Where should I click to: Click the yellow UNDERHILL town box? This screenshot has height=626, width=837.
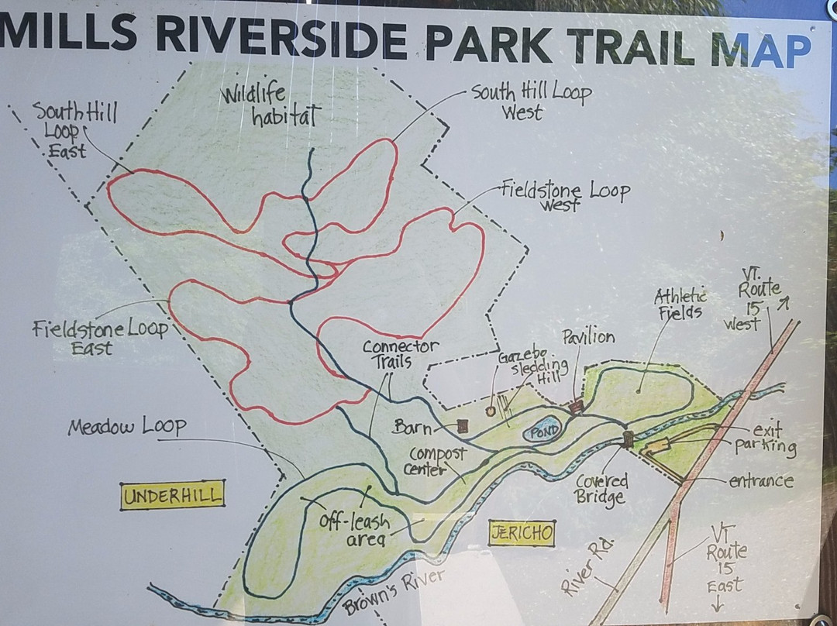pyautogui.click(x=172, y=495)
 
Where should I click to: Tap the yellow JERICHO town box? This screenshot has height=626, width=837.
pyautogui.click(x=522, y=532)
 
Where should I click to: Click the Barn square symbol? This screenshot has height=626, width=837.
pyautogui.click(x=463, y=425)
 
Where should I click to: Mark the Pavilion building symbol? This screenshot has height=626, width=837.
pyautogui.click(x=575, y=406)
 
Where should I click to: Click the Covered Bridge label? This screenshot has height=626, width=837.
pyautogui.click(x=601, y=489)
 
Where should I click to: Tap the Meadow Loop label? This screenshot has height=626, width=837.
pyautogui.click(x=126, y=427)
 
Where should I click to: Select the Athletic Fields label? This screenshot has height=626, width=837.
pyautogui.click(x=680, y=304)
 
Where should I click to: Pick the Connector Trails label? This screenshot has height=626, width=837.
pyautogui.click(x=400, y=353)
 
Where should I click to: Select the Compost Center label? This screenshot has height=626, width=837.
pyautogui.click(x=438, y=461)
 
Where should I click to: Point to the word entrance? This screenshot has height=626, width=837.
pyautogui.click(x=761, y=481)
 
